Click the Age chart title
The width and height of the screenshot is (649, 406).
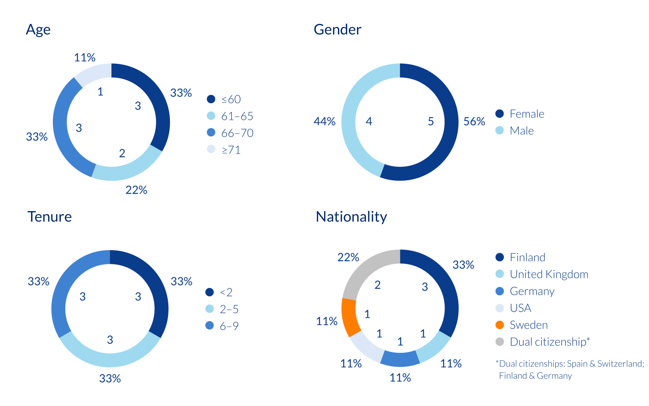click(x=38, y=30)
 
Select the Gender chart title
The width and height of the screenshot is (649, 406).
click(x=337, y=30)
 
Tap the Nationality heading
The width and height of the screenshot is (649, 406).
click(x=351, y=217)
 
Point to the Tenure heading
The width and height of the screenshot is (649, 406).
click(x=49, y=217)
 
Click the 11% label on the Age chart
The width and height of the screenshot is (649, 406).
click(x=85, y=58)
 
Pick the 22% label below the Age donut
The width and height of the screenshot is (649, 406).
click(x=136, y=190)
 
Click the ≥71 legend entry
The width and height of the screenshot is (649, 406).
click(x=231, y=150)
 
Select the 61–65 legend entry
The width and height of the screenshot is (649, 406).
click(x=237, y=116)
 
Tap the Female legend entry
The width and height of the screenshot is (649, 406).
click(x=527, y=114)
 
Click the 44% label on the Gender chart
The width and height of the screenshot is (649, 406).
click(x=324, y=121)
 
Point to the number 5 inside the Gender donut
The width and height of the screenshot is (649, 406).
click(x=431, y=121)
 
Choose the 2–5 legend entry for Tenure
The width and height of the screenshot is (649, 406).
click(x=229, y=309)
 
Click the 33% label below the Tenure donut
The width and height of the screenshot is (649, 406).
click(x=110, y=378)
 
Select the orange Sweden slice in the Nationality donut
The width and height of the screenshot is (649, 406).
click(x=349, y=317)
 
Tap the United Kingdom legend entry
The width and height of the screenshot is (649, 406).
click(x=548, y=274)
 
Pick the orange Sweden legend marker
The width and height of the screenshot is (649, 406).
click(x=500, y=325)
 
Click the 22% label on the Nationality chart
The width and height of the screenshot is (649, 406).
click(x=348, y=257)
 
